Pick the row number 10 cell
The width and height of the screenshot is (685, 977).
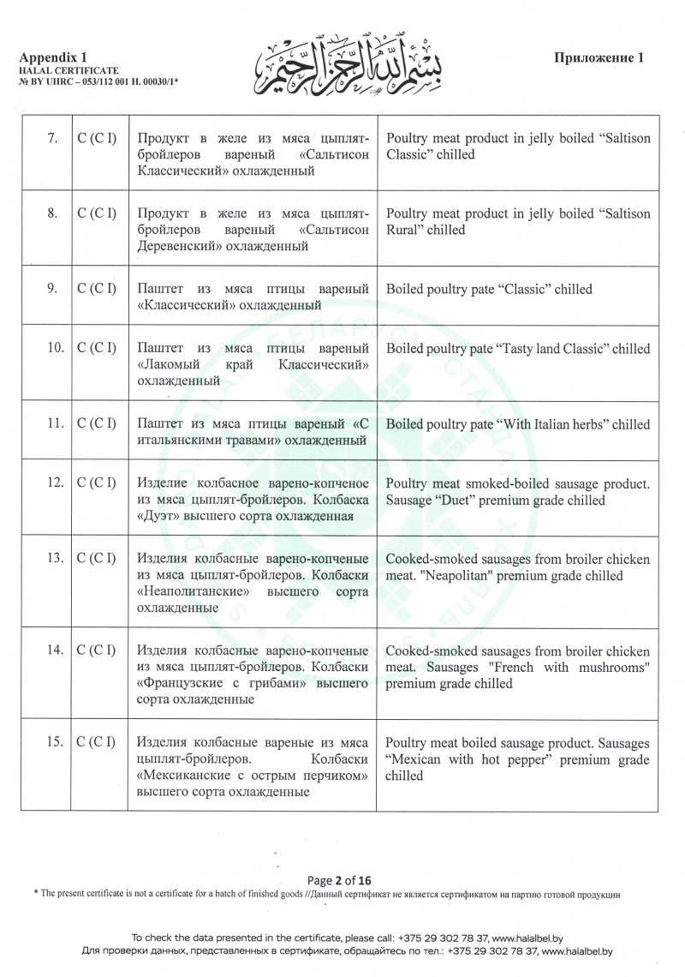coord(53,349)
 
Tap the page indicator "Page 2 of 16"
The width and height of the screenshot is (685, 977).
coord(341,880)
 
